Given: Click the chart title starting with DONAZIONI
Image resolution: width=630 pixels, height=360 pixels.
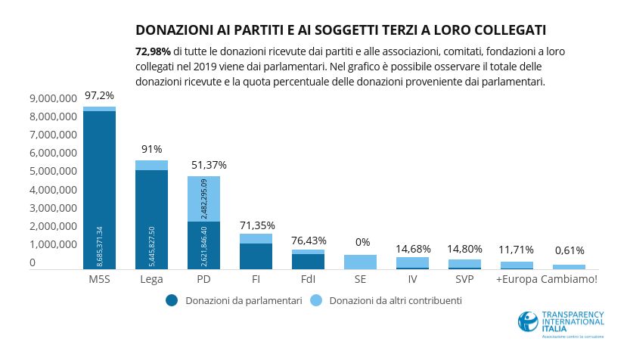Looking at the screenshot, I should (340, 30).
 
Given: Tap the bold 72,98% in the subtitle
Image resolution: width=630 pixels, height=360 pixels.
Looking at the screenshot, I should (152, 51).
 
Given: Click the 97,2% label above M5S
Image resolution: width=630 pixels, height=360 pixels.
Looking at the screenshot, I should (99, 96).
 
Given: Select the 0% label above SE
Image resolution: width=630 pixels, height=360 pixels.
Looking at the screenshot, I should (362, 243).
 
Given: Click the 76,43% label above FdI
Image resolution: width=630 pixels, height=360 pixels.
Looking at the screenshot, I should (308, 241).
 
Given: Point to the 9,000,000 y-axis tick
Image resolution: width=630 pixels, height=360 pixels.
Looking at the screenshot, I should (51, 98).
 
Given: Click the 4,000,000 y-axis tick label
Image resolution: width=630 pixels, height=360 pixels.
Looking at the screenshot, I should (51, 190).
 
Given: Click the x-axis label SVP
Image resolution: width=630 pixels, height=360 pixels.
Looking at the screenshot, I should (465, 279).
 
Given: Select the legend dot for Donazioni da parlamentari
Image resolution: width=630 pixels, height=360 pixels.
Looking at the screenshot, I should (172, 300).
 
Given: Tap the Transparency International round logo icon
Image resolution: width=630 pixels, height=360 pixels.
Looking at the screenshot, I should (528, 321).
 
